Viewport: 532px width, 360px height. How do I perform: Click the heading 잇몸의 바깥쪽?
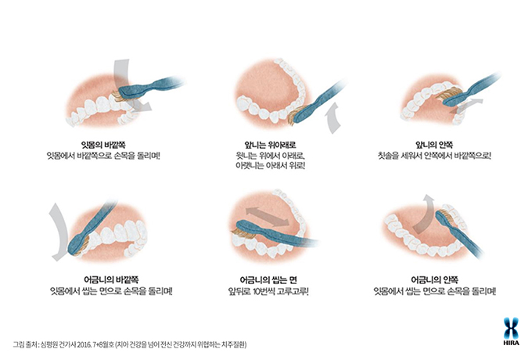tap(103, 145)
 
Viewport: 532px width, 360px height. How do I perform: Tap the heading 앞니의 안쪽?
tap(434, 145)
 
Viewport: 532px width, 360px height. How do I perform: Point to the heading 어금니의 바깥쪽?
tap(111, 279)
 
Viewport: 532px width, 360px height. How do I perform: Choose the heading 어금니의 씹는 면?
tap(268, 279)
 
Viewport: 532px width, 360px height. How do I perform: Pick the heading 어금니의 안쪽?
tap(435, 279)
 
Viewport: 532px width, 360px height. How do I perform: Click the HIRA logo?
tap(511, 331)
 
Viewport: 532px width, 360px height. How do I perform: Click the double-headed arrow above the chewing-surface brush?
tap(268, 217)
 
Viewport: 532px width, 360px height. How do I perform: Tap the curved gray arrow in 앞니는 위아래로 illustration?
tap(332, 119)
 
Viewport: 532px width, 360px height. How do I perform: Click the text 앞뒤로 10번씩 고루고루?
tap(268, 291)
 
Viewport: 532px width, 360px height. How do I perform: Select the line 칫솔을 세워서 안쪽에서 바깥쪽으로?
tap(434, 156)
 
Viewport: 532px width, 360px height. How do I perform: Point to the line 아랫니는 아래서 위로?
tap(270, 166)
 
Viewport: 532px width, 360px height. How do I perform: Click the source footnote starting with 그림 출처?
tap(130, 344)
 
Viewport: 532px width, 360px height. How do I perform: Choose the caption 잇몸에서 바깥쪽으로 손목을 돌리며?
tap(103, 156)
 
